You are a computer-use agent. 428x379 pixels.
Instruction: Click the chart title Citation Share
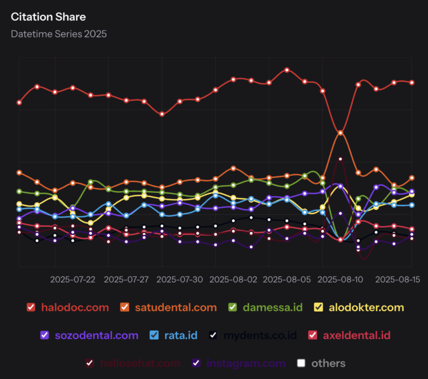(49, 17)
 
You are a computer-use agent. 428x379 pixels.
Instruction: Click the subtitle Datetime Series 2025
(59, 34)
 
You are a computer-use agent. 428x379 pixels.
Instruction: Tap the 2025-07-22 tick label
(72, 280)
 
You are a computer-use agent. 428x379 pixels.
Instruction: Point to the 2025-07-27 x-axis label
(126, 280)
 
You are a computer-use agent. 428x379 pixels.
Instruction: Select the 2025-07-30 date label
(180, 280)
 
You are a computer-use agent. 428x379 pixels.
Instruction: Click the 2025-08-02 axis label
(233, 280)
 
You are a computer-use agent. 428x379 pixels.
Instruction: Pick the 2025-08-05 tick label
(287, 280)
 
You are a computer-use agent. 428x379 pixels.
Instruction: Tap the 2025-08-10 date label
(340, 280)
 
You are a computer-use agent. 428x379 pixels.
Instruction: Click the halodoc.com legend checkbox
(31, 307)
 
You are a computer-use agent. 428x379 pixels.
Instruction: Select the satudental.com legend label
(176, 307)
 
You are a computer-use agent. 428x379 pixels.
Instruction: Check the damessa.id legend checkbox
(233, 307)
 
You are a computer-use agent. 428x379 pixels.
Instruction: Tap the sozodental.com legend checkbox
(45, 335)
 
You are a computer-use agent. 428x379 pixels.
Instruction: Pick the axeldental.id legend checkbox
(312, 335)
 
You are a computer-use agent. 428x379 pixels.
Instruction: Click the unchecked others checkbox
(301, 363)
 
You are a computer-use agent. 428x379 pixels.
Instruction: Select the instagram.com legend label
(246, 363)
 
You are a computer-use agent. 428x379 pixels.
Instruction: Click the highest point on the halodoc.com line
(287, 70)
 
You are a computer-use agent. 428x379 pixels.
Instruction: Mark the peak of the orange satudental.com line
(341, 132)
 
